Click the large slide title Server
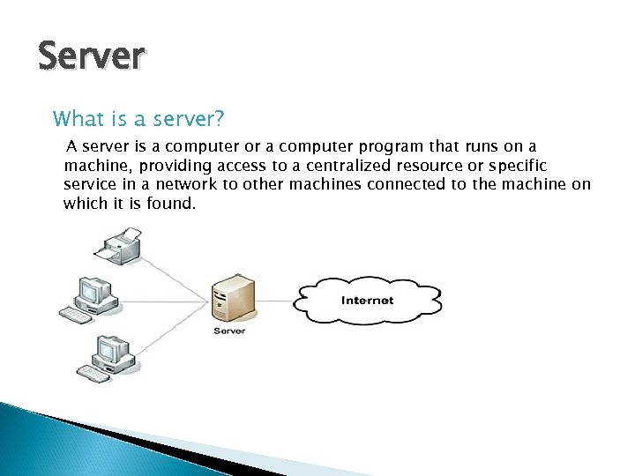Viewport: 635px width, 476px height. [x=91, y=56]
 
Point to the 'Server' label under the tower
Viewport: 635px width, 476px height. [x=229, y=331]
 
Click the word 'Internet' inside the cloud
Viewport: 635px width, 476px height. [x=367, y=301]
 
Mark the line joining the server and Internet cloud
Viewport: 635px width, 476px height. [x=274, y=300]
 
